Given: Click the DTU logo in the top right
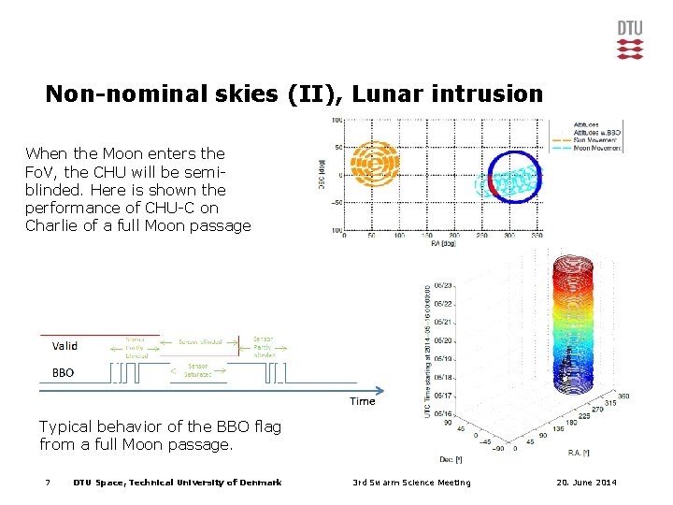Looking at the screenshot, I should (x=630, y=39).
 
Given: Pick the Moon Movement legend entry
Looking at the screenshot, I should (x=599, y=148).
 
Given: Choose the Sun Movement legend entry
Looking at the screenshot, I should (x=599, y=139).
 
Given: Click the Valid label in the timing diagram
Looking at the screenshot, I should (x=64, y=346).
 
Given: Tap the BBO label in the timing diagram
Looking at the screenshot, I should (x=63, y=372).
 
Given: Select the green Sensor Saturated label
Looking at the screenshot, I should (x=197, y=370).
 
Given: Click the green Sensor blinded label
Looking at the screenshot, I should (x=200, y=342).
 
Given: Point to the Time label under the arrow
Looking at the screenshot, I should (x=362, y=401).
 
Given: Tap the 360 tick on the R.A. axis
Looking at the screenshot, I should (x=624, y=397).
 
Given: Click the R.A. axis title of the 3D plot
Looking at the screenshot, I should (x=580, y=452).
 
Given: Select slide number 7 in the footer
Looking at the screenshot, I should (x=47, y=483).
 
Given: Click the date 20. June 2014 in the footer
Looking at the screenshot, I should (x=584, y=483).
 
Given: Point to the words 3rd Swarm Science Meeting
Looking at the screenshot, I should (x=411, y=483).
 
